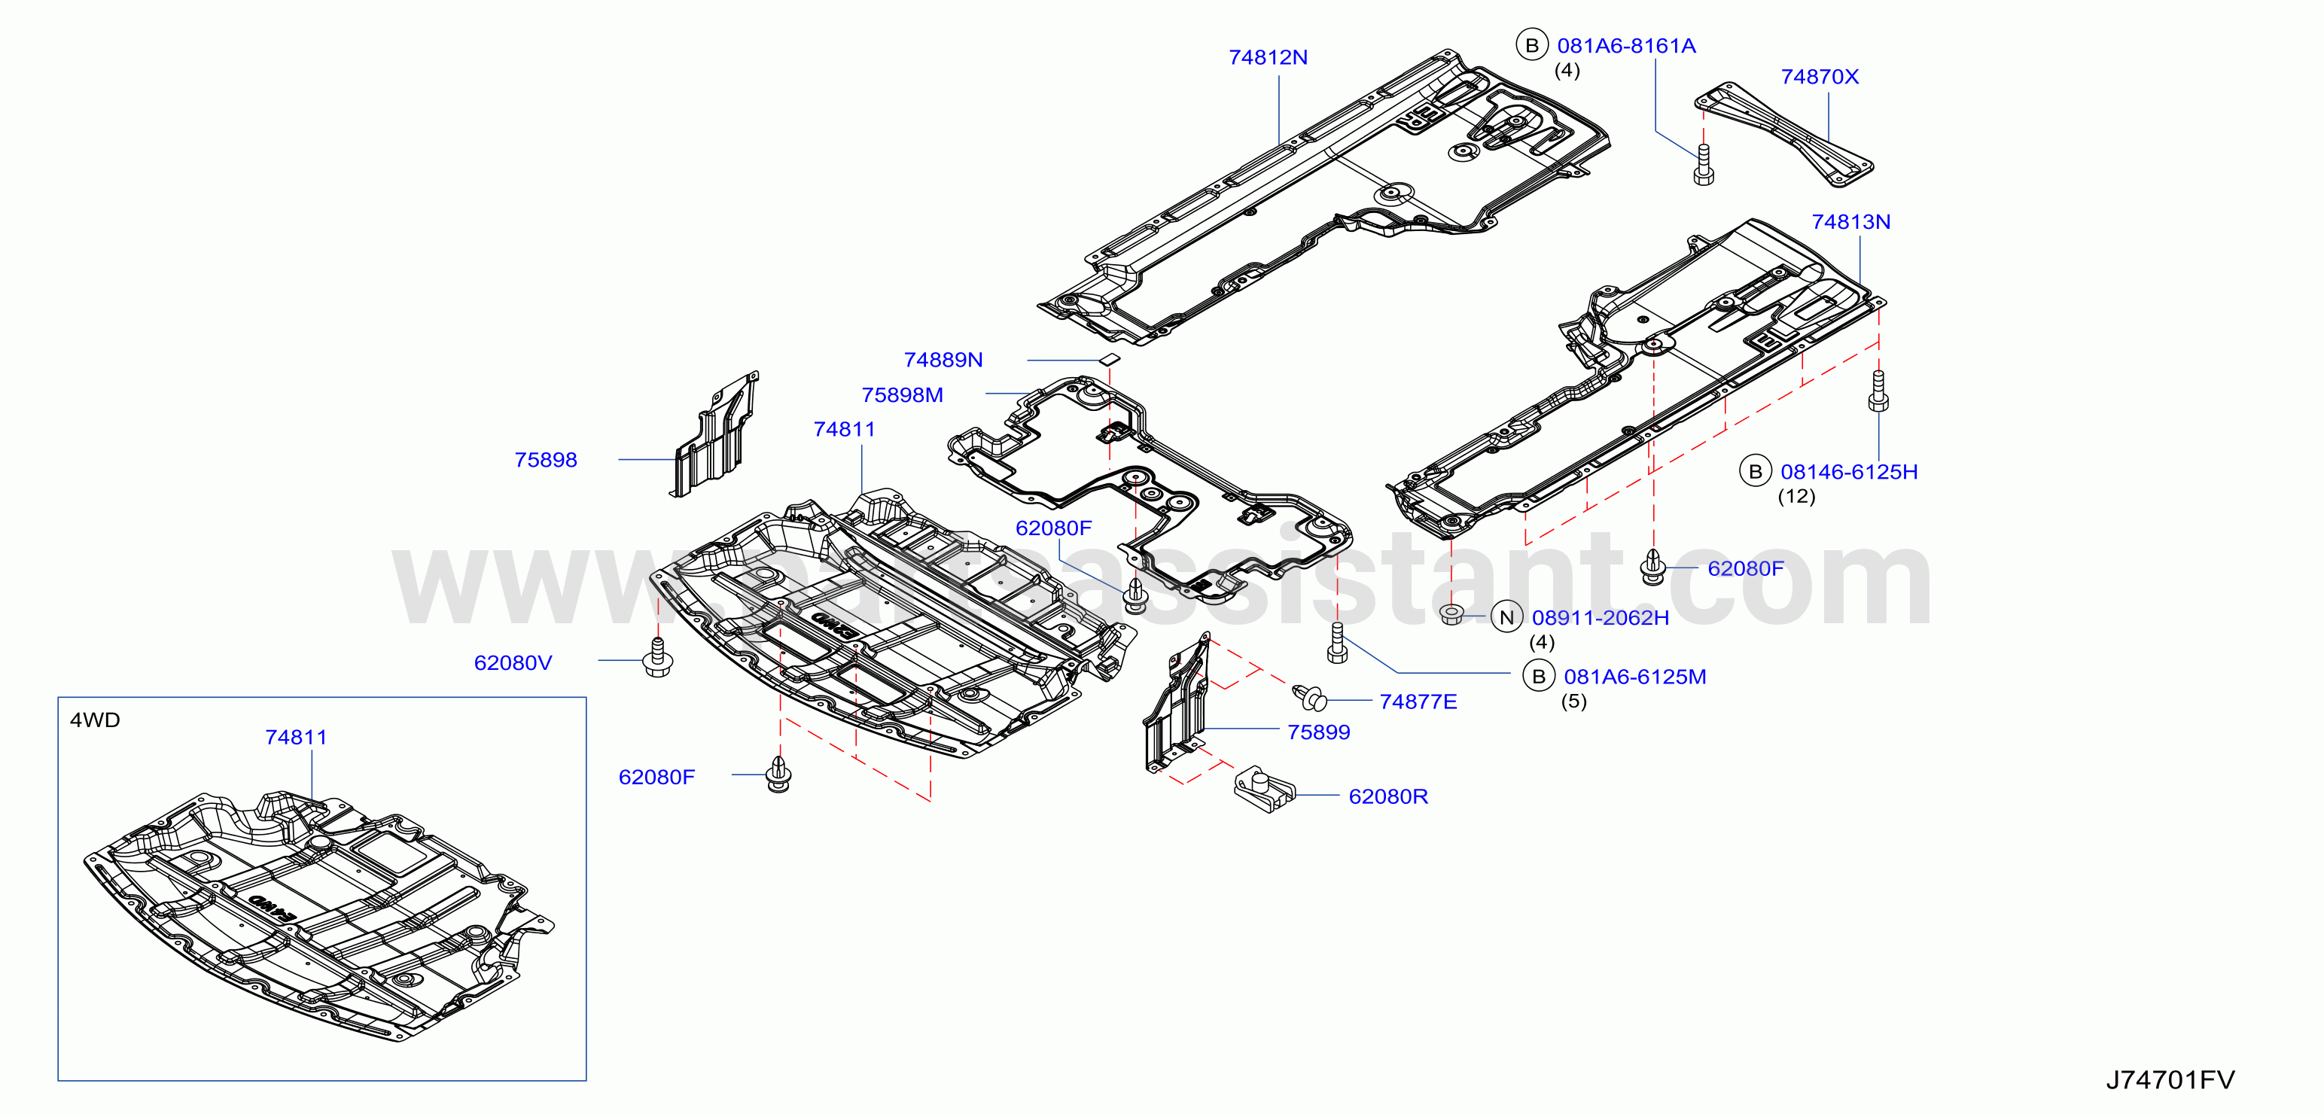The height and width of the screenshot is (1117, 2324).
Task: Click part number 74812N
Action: tap(1268, 57)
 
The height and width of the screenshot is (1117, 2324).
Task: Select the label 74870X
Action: tap(1820, 77)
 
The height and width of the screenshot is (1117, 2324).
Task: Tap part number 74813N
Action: tap(1851, 222)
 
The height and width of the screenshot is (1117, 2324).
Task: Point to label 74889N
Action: tap(943, 360)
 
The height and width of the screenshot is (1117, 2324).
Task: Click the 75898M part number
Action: tap(902, 395)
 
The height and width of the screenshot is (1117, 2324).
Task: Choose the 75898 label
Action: tap(546, 460)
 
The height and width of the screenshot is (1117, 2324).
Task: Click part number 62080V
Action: tap(513, 663)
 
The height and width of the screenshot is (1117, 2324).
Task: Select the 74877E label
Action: tap(1418, 702)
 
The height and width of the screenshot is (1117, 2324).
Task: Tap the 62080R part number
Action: tap(1388, 796)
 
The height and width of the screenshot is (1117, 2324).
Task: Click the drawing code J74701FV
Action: tap(2170, 1080)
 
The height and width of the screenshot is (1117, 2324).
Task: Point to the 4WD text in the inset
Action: tap(95, 720)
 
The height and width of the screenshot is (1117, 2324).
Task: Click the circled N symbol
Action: tap(1506, 617)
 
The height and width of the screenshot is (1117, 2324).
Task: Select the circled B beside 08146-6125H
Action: tap(1756, 471)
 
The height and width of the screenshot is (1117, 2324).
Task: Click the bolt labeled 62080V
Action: tap(658, 658)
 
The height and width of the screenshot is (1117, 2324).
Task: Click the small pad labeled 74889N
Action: tap(1109, 359)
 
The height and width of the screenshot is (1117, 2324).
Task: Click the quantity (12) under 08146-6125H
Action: tap(1796, 496)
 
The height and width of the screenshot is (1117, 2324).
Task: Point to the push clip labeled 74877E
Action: tap(1310, 698)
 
